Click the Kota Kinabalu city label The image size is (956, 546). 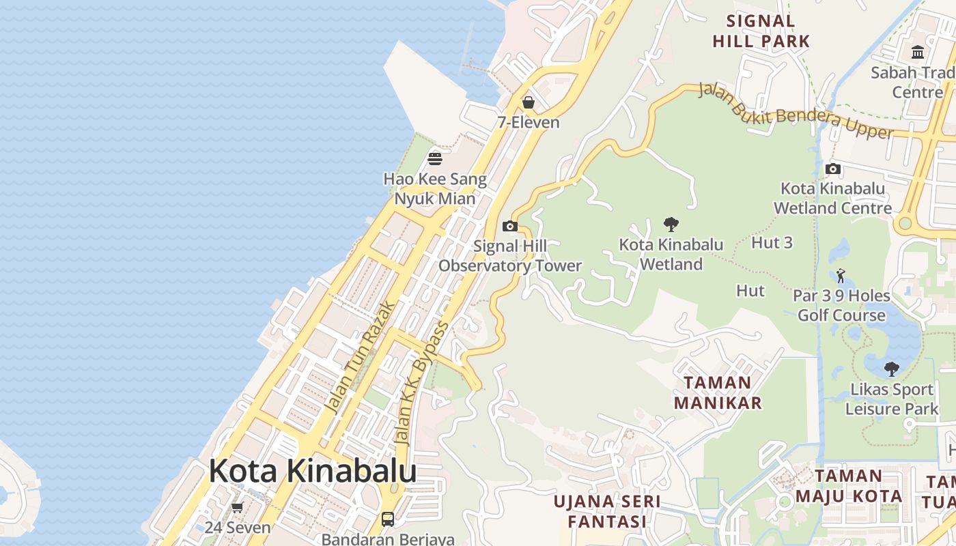[x=313, y=471]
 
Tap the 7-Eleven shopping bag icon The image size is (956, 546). [x=528, y=102]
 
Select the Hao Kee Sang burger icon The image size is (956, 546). [x=435, y=159]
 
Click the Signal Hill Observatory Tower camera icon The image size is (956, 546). [x=509, y=226]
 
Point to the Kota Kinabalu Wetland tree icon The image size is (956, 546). [x=671, y=224]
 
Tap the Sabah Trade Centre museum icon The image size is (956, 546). [x=918, y=52]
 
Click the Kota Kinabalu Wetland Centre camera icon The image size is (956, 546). [x=832, y=169]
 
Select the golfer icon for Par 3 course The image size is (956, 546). [x=841, y=276]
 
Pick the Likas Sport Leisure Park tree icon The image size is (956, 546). [x=891, y=369]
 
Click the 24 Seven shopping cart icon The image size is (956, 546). [x=237, y=507]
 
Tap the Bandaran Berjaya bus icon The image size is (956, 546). [x=387, y=519]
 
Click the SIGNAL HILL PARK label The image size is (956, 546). [x=761, y=31]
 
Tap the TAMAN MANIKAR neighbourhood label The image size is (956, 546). [x=718, y=392]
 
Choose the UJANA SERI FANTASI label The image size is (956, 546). [x=606, y=511]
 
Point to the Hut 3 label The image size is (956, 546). [x=772, y=242]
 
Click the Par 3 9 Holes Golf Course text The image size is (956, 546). [x=841, y=305]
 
